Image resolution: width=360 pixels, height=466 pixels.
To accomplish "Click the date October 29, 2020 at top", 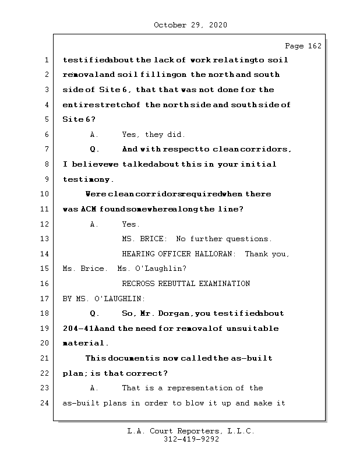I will click(x=190, y=25).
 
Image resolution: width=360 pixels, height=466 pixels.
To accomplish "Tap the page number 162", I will click(x=315, y=46).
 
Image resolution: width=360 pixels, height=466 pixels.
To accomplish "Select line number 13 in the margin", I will click(x=46, y=239).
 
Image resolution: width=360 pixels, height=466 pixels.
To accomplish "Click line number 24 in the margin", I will click(x=46, y=403).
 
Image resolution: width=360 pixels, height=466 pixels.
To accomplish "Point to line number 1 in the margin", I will click(x=46, y=59).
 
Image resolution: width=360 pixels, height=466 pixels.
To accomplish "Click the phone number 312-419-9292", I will click(x=191, y=440).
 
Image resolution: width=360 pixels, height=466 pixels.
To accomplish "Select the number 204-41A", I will click(x=80, y=329).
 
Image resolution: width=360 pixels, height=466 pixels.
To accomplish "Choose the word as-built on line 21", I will click(x=252, y=358).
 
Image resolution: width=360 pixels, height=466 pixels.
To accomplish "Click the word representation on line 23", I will click(x=194, y=388).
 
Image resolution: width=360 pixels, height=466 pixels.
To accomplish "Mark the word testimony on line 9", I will click(x=88, y=179).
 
